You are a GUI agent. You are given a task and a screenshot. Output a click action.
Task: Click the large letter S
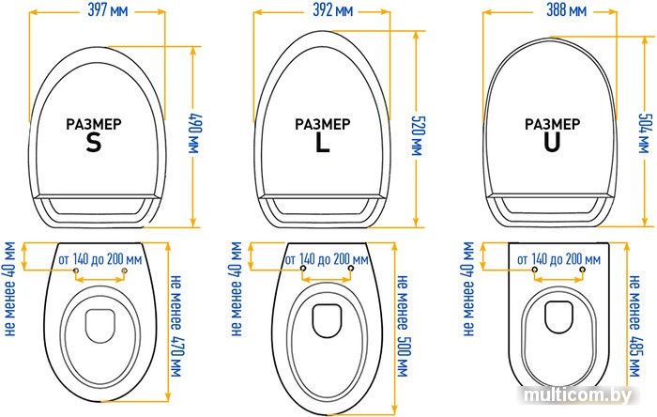[x=93, y=143]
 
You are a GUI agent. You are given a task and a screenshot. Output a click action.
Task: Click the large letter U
[x=552, y=143]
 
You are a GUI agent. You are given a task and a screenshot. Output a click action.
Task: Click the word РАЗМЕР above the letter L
[x=324, y=124]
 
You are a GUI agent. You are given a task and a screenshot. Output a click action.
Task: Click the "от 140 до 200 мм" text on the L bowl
[x=326, y=258]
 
